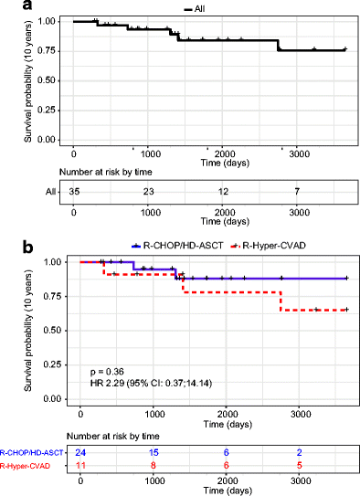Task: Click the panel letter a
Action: [8, 7]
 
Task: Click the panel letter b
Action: [8, 248]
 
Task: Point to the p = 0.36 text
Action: [108, 372]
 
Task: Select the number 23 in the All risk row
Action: [150, 193]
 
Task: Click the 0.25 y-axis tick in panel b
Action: [64, 364]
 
